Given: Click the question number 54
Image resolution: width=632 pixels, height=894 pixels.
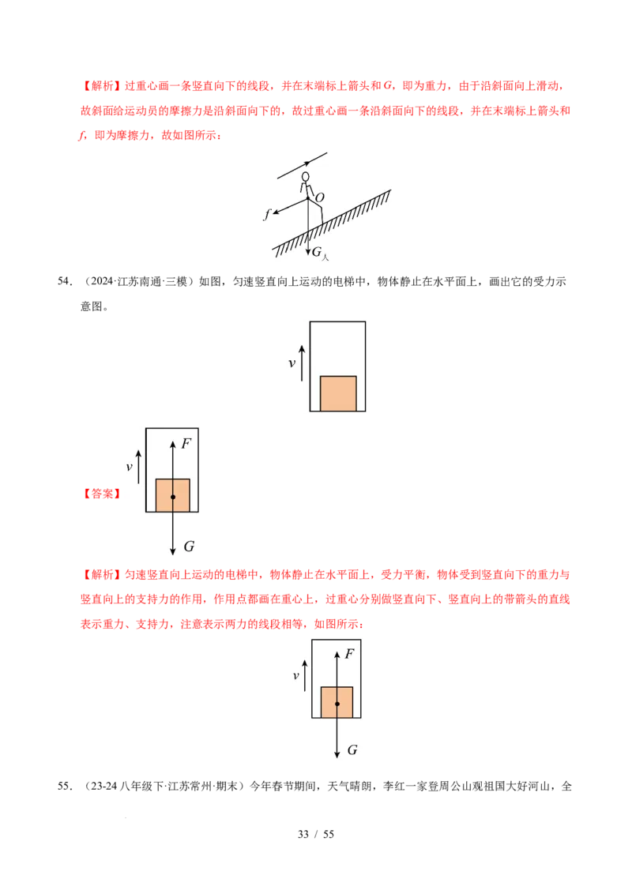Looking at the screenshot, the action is (x=65, y=281).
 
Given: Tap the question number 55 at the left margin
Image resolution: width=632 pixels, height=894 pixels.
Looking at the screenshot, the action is (x=65, y=787).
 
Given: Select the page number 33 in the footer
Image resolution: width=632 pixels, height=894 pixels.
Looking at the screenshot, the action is (x=303, y=834).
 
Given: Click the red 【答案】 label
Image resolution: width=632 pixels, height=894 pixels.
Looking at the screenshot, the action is (x=102, y=494).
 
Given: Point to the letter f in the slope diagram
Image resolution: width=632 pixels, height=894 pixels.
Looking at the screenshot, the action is (x=266, y=214).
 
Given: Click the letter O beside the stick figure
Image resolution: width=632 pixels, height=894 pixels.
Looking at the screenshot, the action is (x=320, y=197).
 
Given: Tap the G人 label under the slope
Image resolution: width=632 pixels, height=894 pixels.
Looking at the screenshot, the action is (x=320, y=253).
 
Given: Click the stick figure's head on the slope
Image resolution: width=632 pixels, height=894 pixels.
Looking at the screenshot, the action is (x=306, y=177).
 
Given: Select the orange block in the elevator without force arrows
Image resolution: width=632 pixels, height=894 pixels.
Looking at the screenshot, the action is (x=338, y=393).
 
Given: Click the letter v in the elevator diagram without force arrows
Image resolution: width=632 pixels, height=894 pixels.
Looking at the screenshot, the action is (x=292, y=363).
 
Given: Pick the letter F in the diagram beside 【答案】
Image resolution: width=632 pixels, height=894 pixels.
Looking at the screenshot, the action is (x=186, y=444).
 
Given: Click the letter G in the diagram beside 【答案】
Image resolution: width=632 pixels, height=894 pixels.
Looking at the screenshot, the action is (x=189, y=547).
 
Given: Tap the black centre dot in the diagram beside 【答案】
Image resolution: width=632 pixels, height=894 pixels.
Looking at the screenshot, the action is (x=173, y=498).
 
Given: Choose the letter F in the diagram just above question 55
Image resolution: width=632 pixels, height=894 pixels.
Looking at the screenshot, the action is (x=350, y=654).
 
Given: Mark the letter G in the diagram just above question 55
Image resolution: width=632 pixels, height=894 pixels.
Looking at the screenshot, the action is (x=352, y=750).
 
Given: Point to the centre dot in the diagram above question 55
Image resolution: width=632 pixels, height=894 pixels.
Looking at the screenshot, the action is (x=337, y=704).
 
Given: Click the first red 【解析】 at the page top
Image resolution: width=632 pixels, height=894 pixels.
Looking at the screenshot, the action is (x=102, y=86).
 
